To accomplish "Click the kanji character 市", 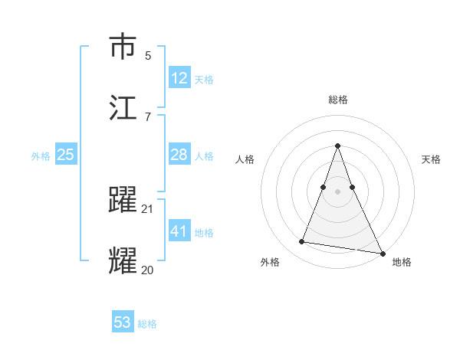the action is pos(123,47).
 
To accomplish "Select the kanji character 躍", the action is pos(123,200).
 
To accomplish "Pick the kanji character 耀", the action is pos(123,260).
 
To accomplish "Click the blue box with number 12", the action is pos(179,77).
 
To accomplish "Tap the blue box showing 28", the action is pos(179,155).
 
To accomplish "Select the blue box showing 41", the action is pos(179,231).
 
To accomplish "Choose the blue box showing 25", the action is pos(66,155).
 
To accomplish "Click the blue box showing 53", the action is pos(123,322).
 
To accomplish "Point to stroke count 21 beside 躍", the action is pos(148,209).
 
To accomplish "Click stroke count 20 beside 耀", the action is pos(148,269).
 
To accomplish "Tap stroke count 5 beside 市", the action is pos(148,56).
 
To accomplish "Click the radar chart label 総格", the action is pos(338,100).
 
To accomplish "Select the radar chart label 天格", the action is pos(431,159).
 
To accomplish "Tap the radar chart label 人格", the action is pos(245,159).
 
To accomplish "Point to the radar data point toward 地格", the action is pos(382,253).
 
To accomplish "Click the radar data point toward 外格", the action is pos(301,242).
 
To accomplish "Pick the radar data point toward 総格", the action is pos(338,146).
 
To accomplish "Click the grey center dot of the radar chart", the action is pos(338,191).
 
